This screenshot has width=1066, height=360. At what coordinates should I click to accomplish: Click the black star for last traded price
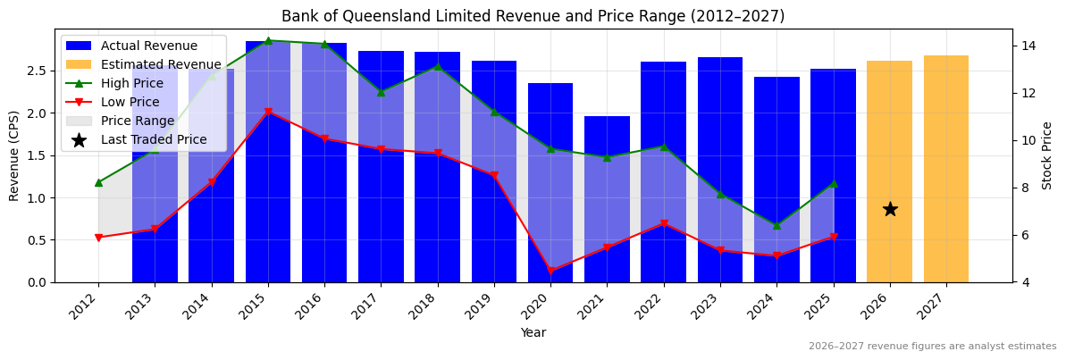(890, 209)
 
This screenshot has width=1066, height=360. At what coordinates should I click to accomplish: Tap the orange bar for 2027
(946, 169)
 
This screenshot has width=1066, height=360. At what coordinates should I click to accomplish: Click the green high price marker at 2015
(268, 40)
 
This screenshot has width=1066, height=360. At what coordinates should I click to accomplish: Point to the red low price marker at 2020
(550, 271)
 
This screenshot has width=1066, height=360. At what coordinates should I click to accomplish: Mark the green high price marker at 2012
(98, 182)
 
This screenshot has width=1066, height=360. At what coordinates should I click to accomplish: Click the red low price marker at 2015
(268, 112)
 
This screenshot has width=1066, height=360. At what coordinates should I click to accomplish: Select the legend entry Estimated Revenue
(161, 64)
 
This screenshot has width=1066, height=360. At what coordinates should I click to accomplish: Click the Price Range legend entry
(138, 121)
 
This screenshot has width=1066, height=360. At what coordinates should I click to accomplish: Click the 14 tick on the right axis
(1028, 46)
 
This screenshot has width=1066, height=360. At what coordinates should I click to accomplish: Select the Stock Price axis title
(1047, 155)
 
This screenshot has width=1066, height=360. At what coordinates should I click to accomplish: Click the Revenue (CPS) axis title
(14, 155)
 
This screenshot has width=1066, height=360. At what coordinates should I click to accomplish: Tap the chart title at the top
(533, 16)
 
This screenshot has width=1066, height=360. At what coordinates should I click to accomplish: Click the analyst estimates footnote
(932, 347)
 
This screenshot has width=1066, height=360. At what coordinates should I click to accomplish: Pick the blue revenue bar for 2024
(776, 180)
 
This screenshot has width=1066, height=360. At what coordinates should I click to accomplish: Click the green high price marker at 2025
(833, 184)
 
